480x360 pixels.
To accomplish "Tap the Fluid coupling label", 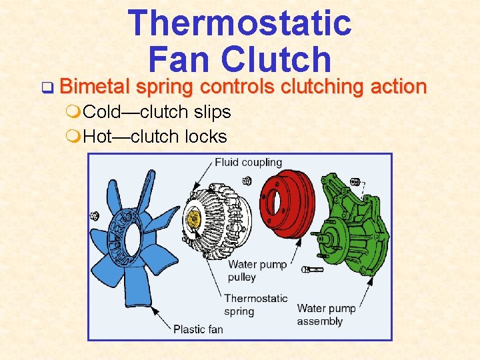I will pyautogui.click(x=248, y=162).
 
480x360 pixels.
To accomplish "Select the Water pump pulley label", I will pyautogui.click(x=257, y=271).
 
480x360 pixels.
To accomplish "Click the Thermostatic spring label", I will pyautogui.click(x=255, y=305).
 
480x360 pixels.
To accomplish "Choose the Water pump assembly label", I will pyautogui.click(x=326, y=315).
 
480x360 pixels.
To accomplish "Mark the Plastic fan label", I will pyautogui.click(x=198, y=329).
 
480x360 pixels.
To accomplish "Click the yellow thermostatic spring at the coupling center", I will pyautogui.click(x=194, y=217).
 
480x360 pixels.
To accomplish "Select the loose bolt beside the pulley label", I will pyautogui.click(x=312, y=269).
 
